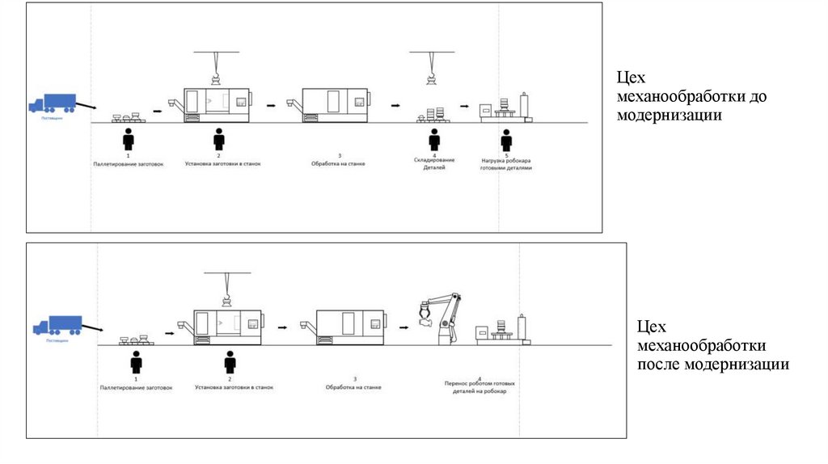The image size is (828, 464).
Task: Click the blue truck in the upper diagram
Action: (x=53, y=103)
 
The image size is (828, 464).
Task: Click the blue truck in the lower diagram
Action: (x=57, y=326)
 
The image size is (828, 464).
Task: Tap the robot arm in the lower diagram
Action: (x=443, y=318)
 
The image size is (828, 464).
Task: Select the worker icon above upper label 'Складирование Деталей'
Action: (x=434, y=139)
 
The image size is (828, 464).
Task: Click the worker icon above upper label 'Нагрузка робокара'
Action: (x=506, y=139)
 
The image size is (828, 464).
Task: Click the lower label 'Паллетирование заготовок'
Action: (x=136, y=388)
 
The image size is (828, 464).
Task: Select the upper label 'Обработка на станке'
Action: (x=339, y=163)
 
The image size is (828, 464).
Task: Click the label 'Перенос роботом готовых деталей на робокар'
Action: (x=480, y=387)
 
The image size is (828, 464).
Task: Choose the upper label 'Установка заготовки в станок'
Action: (x=218, y=163)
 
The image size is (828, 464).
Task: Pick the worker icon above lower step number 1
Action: (x=137, y=361)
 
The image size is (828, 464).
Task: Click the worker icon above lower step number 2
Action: (x=230, y=361)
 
